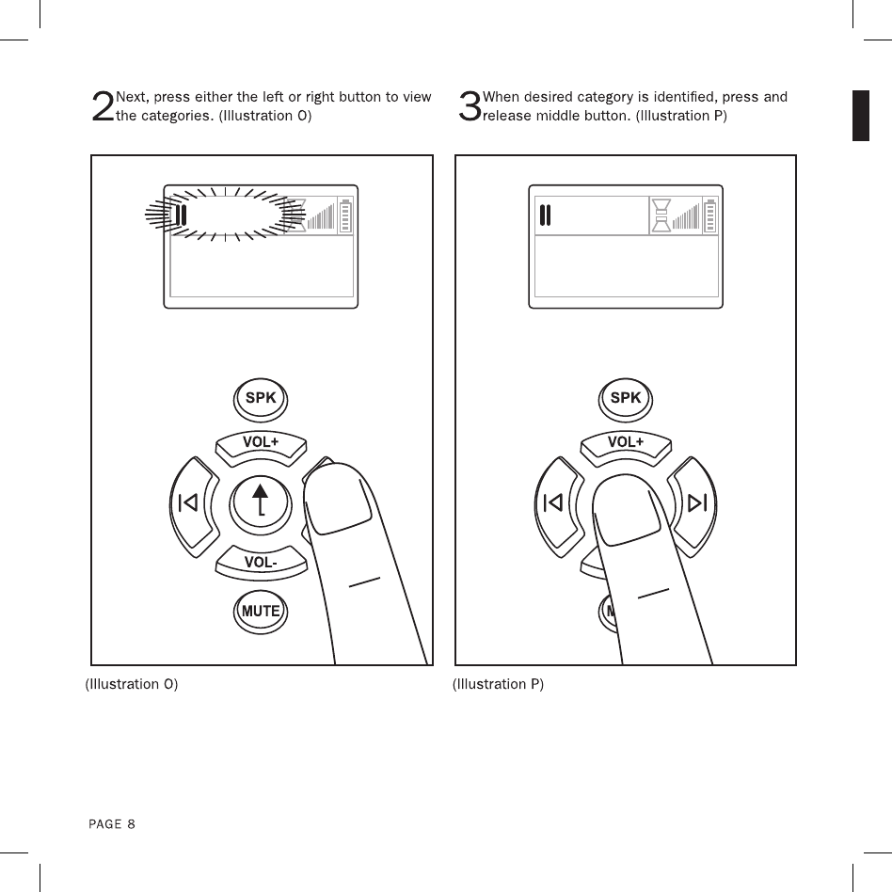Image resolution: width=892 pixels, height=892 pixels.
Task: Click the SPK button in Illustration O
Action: coord(261,398)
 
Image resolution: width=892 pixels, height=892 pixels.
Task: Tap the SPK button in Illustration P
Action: coord(625,398)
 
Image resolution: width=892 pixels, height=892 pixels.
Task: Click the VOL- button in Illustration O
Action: coord(261,563)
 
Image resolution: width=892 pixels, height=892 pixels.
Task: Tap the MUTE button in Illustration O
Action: coord(261,611)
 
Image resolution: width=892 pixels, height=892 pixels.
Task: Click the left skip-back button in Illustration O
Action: coord(190,503)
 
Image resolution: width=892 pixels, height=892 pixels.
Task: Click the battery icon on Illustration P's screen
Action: coord(710,215)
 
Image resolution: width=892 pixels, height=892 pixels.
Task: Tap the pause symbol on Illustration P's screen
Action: coord(545,216)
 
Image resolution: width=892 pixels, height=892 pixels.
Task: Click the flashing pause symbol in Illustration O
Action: coord(183,216)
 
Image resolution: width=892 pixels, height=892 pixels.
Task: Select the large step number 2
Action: coord(102,106)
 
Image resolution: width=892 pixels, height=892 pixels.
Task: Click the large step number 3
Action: coord(468,106)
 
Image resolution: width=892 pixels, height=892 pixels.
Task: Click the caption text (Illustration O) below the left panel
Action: coord(132,684)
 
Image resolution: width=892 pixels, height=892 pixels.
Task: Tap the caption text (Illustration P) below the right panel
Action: coord(498,684)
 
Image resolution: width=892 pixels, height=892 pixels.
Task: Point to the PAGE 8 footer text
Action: coord(112,824)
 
